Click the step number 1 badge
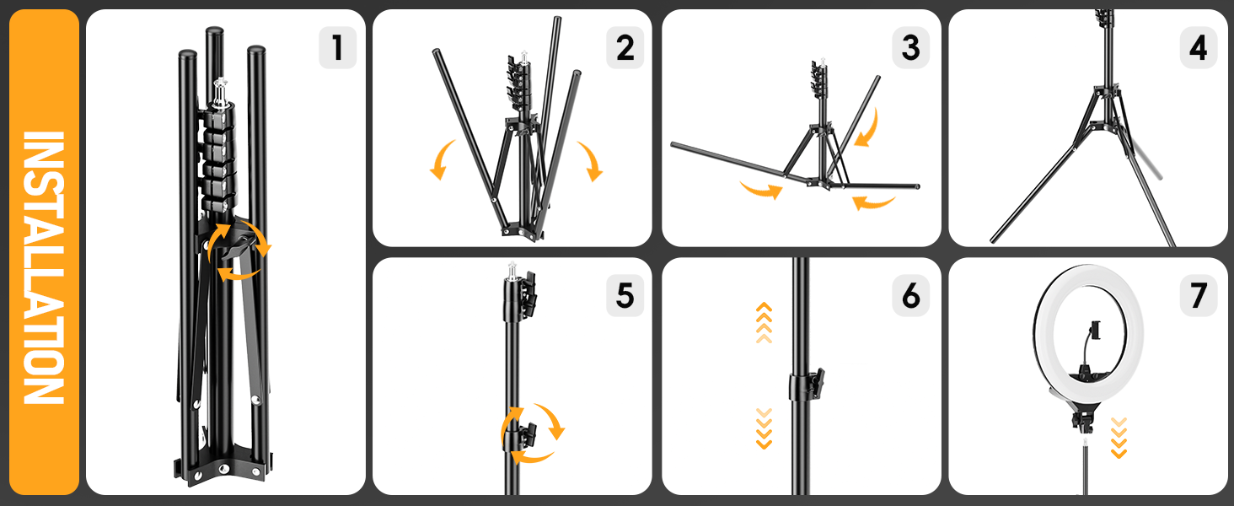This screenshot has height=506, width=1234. pyautogui.click(x=338, y=48)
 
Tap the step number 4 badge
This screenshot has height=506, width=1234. pyautogui.click(x=1198, y=48)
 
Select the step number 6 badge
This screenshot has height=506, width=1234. pyautogui.click(x=911, y=295)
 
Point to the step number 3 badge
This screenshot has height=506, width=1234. pyautogui.click(x=911, y=48)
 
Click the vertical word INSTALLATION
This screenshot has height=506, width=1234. pyautogui.click(x=42, y=268)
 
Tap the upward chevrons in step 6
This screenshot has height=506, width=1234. pyautogui.click(x=764, y=322)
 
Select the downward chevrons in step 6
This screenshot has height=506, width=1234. pyautogui.click(x=764, y=428)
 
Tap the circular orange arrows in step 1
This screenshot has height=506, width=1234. pyautogui.click(x=239, y=250)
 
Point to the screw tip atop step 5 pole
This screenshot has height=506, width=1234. pyautogui.click(x=512, y=270)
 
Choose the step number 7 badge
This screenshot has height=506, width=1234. pyautogui.click(x=1198, y=295)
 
